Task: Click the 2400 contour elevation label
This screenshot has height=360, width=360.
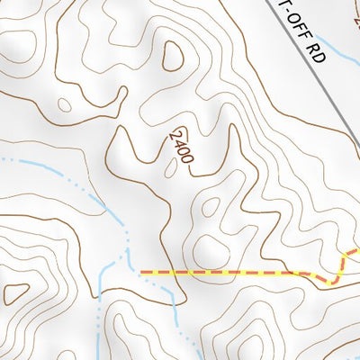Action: (181, 145)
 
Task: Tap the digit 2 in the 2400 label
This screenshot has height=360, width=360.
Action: (174, 133)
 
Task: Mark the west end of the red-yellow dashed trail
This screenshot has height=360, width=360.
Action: (142, 271)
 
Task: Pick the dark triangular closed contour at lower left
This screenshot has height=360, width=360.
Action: (15, 293)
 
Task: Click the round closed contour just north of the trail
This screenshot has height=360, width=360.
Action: (210, 247)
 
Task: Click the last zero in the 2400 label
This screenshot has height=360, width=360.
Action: (188, 157)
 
